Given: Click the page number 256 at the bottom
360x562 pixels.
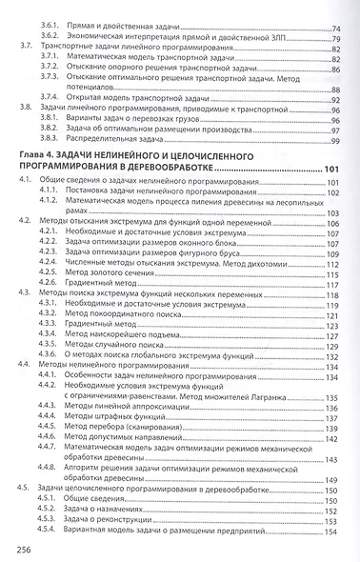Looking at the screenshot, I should point(18,548).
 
